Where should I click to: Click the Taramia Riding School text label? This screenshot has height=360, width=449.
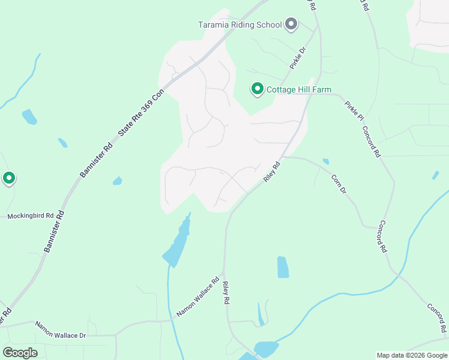240,25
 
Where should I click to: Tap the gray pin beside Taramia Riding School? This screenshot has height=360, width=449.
291,24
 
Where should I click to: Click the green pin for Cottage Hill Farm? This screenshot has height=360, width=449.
257,89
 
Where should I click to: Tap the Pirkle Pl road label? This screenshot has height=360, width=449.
354,110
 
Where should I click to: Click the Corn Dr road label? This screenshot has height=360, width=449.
339,184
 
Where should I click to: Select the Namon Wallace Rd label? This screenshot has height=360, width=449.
198,297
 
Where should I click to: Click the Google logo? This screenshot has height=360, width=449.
20,352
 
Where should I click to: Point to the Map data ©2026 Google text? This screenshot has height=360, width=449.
412,355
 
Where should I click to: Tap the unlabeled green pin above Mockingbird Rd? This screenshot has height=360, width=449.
9,178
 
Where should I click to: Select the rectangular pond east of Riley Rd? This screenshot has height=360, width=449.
283,267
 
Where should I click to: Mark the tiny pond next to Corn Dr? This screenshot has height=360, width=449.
326,161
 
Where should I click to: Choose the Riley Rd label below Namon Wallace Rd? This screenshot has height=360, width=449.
227,293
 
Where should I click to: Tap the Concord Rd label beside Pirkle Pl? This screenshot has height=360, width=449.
371,142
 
